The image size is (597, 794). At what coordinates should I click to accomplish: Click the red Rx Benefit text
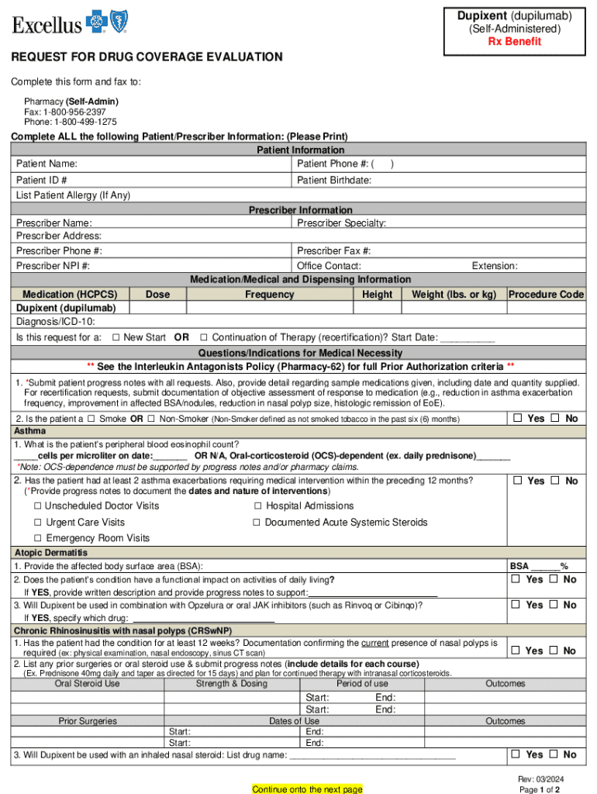tap(514, 42)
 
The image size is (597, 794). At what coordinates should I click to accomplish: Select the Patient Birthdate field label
tap(334, 180)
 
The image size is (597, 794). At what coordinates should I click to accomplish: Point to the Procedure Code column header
tap(546, 295)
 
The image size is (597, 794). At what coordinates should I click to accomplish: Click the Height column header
tap(377, 295)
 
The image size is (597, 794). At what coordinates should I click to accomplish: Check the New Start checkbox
tap(116, 337)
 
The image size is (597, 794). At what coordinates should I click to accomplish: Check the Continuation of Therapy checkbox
tap(204, 337)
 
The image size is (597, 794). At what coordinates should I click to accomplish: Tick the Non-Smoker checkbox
tap(151, 419)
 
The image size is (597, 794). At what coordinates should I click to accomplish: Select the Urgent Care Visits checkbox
tap(37, 523)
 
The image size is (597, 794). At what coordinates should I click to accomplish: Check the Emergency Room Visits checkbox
tap(37, 538)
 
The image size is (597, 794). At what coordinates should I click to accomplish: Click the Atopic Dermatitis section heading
tap(50, 553)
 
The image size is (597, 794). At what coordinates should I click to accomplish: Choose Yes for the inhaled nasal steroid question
tap(515, 754)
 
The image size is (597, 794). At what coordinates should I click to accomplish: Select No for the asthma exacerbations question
tap(555, 481)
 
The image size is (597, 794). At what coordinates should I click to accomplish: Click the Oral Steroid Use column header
tap(87, 684)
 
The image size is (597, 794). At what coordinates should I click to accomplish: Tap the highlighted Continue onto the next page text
tap(307, 789)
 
